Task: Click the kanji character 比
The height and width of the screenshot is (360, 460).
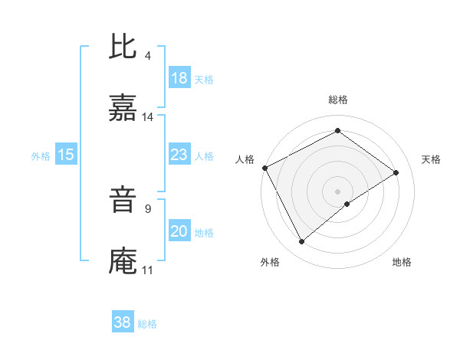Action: [123, 47]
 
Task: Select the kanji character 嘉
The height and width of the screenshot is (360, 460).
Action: [123, 109]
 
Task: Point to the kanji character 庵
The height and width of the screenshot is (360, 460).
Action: [123, 262]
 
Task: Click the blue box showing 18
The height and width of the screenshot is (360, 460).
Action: [179, 78]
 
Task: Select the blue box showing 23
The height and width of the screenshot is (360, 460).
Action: [179, 155]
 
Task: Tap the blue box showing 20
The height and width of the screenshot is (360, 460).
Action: [179, 231]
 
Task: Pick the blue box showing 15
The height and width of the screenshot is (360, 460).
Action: [66, 155]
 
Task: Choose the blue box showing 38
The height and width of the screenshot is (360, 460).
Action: [123, 322]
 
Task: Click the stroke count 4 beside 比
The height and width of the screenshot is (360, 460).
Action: [148, 56]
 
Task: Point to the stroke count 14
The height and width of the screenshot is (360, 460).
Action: [149, 117]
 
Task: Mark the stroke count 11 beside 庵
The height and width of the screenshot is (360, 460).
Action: [148, 270]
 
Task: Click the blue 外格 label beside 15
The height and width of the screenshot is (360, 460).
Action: [41, 155]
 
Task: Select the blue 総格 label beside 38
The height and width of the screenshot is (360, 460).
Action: [147, 323]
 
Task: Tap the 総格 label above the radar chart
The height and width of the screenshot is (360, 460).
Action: [338, 100]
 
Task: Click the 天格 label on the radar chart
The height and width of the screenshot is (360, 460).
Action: [432, 159]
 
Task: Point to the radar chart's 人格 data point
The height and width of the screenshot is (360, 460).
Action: [264, 168]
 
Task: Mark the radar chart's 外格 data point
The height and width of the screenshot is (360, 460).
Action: [302, 242]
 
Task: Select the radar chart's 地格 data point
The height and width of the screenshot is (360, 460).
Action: [347, 204]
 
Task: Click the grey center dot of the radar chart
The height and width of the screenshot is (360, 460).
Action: [338, 191]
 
